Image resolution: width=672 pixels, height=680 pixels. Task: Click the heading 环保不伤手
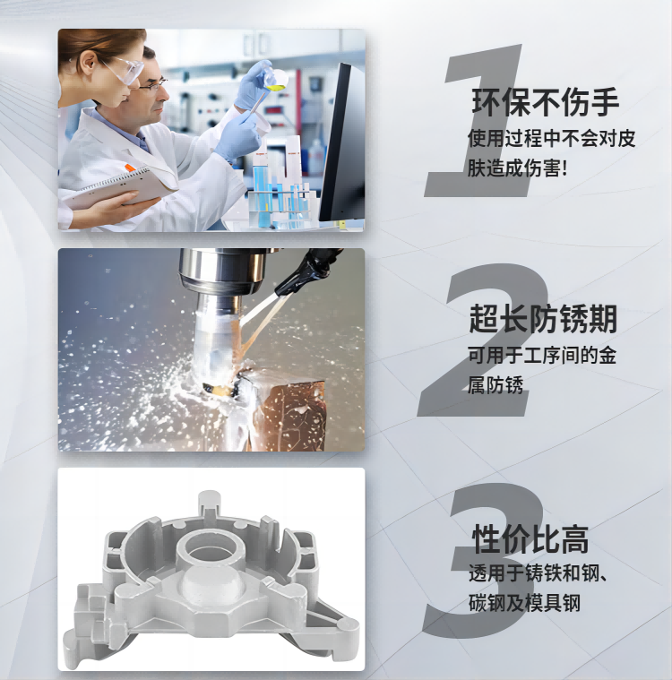545,102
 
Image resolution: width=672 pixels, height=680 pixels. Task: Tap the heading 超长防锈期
543,319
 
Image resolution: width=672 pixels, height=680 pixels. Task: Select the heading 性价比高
530,539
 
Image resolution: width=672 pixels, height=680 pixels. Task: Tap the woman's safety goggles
126,69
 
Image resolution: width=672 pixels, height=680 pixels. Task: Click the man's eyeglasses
152,84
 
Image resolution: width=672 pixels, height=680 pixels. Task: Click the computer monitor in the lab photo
343,143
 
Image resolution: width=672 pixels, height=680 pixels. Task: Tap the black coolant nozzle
304,271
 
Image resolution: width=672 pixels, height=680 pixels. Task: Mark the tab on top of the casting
210,504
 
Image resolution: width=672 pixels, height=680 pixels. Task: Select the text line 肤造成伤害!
517,168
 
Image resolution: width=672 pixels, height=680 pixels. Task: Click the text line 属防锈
495,384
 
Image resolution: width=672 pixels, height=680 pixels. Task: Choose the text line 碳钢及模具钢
524,603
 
